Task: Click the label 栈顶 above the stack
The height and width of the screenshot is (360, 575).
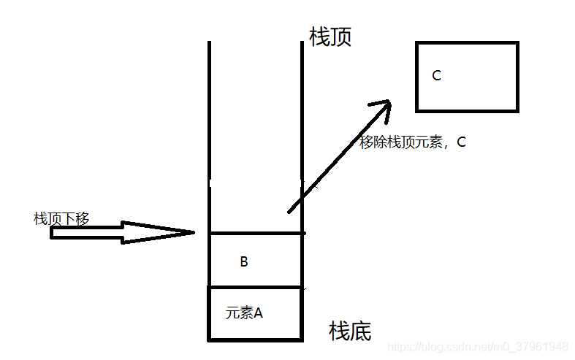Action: (330, 37)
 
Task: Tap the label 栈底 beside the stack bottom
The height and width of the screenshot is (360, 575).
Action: (350, 332)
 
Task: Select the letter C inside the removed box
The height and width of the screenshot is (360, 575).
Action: (436, 75)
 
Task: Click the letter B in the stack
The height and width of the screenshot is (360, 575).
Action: (244, 261)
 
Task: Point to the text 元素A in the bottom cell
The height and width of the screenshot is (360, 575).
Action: (244, 313)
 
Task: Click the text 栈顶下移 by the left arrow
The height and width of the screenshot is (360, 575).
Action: (61, 218)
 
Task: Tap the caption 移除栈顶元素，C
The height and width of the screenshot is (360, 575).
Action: (413, 143)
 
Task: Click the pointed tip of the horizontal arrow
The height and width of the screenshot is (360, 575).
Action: (192, 233)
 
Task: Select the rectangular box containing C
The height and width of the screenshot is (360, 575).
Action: (467, 77)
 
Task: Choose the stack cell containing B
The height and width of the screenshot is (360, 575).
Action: (255, 261)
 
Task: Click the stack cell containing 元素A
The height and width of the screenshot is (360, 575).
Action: (255, 314)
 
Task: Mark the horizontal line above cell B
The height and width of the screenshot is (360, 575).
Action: (255, 234)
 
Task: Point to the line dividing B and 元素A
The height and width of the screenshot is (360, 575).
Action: (255, 287)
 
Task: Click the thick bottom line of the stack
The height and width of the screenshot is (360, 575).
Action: (255, 340)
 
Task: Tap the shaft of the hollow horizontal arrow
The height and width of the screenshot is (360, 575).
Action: (88, 233)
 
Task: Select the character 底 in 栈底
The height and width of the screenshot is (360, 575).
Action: (360, 332)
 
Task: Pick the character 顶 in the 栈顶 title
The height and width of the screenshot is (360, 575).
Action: (340, 37)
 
